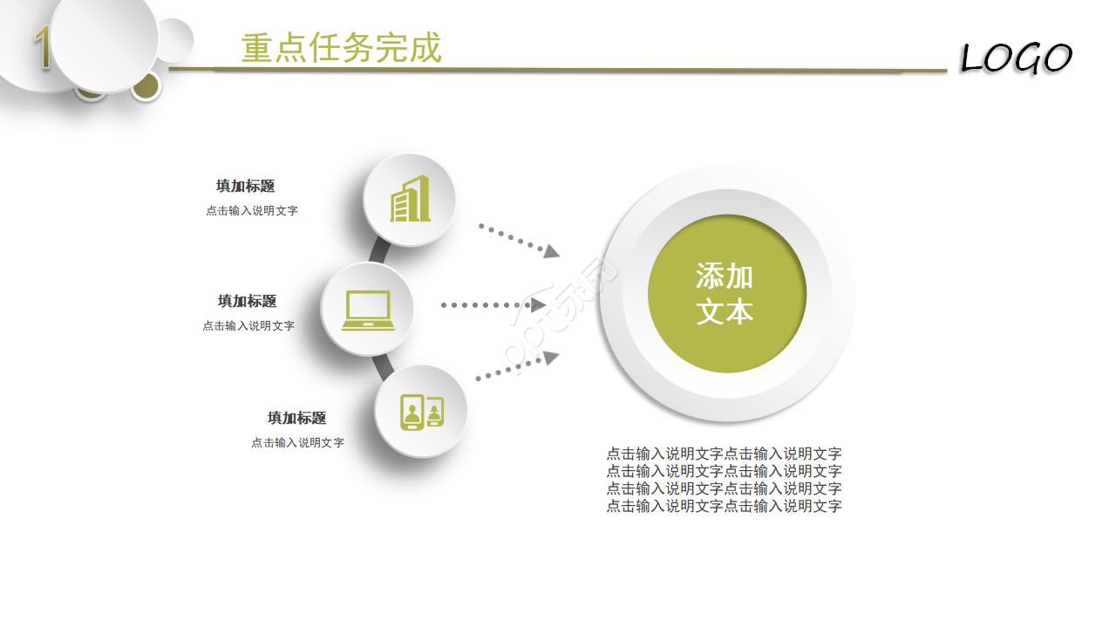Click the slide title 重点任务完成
(x=341, y=48)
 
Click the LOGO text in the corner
(x=1015, y=58)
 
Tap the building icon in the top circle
(x=410, y=199)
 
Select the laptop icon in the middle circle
(x=368, y=310)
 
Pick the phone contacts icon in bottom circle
(x=422, y=412)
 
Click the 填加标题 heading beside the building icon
(x=246, y=186)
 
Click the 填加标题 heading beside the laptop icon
(x=248, y=301)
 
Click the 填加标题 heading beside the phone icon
(x=296, y=418)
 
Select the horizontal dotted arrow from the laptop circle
(x=493, y=305)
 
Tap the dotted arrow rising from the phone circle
(x=516, y=366)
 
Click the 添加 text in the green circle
(x=725, y=276)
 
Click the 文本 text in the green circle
(x=725, y=311)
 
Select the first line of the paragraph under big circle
(x=724, y=454)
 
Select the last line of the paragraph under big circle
(x=724, y=506)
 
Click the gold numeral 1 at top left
(x=41, y=49)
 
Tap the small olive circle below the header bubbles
(x=146, y=85)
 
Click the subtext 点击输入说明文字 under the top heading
(x=252, y=210)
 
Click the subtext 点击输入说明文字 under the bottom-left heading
(x=297, y=442)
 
